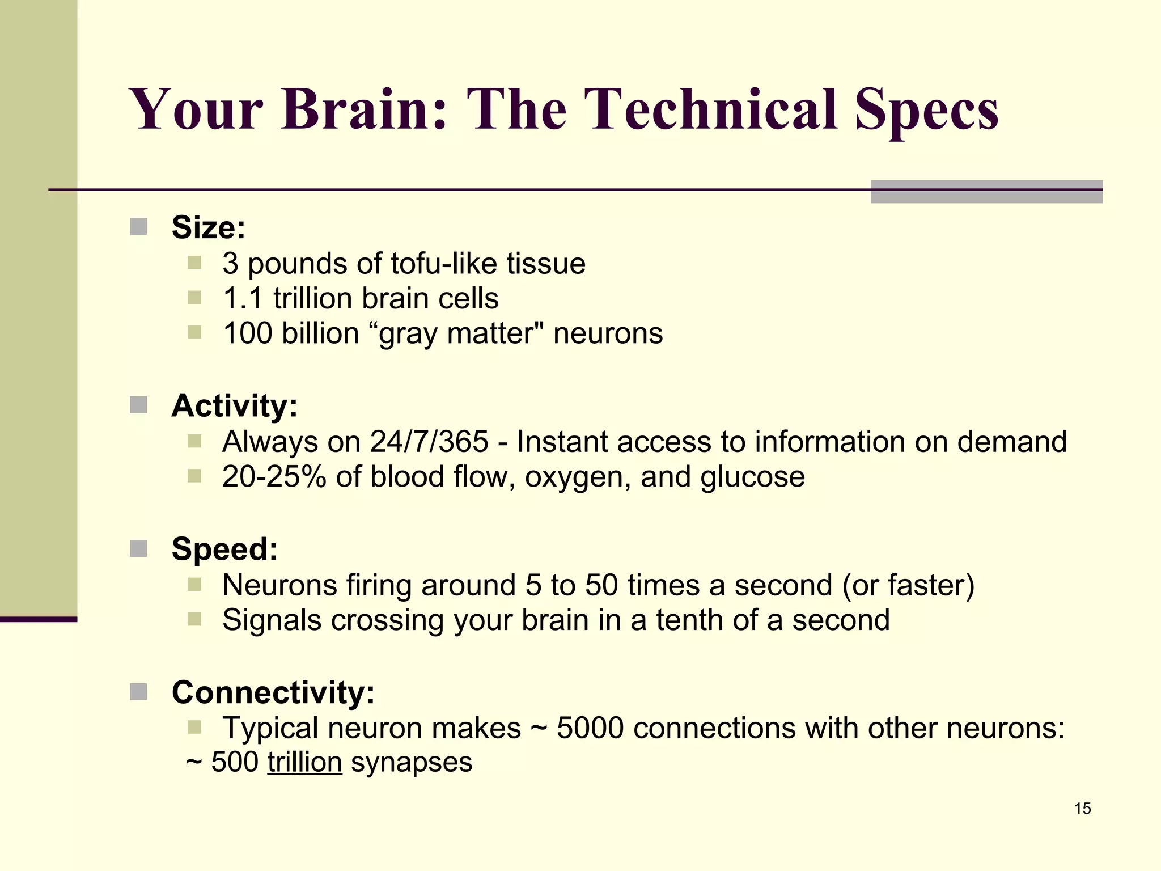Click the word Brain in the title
tap(363, 109)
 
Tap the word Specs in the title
tap(926, 109)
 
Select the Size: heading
tap(209, 227)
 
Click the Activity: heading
tap(235, 406)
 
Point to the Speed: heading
tap(224, 549)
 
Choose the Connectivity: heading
tap(273, 692)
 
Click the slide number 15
tap(1082, 809)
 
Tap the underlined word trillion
tap(304, 762)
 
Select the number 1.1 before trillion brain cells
tap(243, 299)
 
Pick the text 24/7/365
tap(429, 442)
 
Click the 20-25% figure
tap(274, 477)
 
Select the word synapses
tap(412, 762)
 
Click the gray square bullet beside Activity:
tap(138, 405)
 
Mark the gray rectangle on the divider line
tap(986, 192)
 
